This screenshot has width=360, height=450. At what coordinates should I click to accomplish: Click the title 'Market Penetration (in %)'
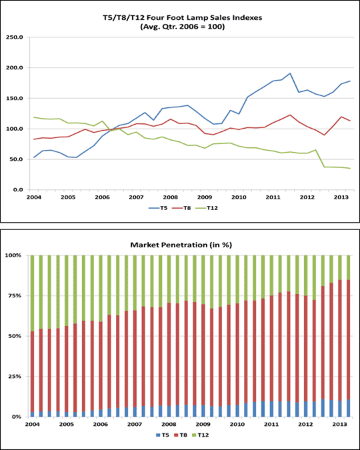181,245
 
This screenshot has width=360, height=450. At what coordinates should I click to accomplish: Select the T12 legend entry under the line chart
209,208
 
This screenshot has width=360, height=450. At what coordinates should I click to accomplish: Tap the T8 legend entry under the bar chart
180,435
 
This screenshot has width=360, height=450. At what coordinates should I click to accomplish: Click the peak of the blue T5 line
290,73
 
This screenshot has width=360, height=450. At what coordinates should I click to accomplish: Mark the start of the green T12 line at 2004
34,117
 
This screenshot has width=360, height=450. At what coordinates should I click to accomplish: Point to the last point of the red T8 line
350,121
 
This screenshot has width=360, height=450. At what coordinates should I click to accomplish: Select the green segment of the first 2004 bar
33,293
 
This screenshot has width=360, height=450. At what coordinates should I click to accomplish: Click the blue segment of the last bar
349,408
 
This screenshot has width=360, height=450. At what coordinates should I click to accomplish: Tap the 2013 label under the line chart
340,197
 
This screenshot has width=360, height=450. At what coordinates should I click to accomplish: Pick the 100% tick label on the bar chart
15,255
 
